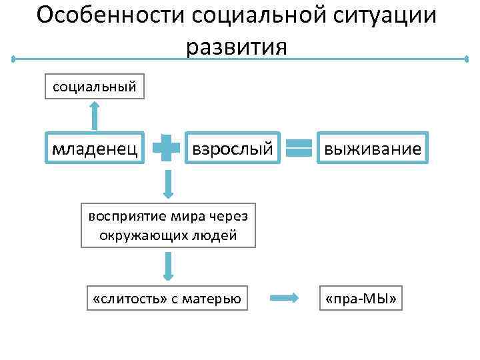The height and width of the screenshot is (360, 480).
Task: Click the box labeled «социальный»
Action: pyautogui.click(x=95, y=86)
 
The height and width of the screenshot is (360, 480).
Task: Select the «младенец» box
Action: pyautogui.click(x=95, y=149)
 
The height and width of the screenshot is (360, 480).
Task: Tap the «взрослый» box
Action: pyautogui.click(x=232, y=149)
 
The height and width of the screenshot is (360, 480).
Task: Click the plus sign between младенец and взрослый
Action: pyautogui.click(x=167, y=149)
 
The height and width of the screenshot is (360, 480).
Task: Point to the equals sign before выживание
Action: pyautogui.click(x=299, y=149)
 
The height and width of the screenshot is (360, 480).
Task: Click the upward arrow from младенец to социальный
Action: pyautogui.click(x=95, y=115)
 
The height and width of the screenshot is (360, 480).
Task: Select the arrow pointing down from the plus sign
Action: pyautogui.click(x=167, y=183)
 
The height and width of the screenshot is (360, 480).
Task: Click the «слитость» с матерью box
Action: pyautogui.click(x=167, y=299)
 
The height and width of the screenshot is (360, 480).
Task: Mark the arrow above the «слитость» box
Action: pyautogui.click(x=167, y=265)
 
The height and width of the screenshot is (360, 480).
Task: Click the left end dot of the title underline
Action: pyautogui.click(x=13, y=59)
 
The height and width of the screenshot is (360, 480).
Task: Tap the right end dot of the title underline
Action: pyautogui.click(x=467, y=59)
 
